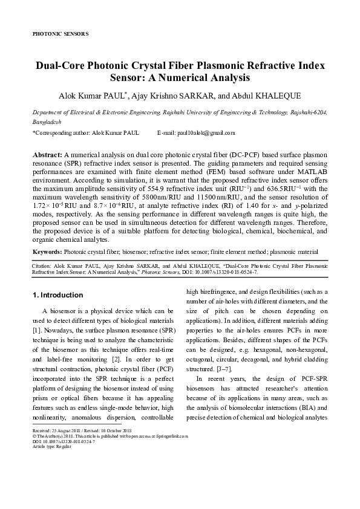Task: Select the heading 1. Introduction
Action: coord(57,295)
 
